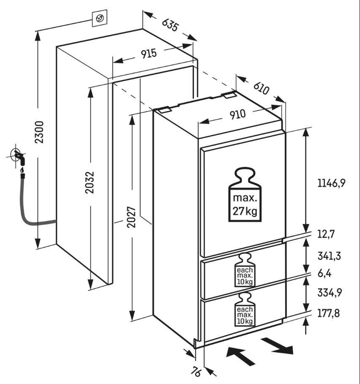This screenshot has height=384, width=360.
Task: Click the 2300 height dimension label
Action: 39,132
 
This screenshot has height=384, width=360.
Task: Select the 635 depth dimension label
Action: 169,25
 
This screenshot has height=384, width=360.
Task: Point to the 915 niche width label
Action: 149,54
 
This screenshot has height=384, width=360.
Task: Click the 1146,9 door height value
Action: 332,183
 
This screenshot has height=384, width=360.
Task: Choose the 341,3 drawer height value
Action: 329,256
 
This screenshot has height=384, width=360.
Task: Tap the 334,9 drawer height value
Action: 329,292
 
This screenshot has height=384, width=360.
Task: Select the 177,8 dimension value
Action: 329,313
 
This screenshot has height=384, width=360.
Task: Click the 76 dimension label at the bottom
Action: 196,371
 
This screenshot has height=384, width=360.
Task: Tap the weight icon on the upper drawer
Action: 245,270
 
